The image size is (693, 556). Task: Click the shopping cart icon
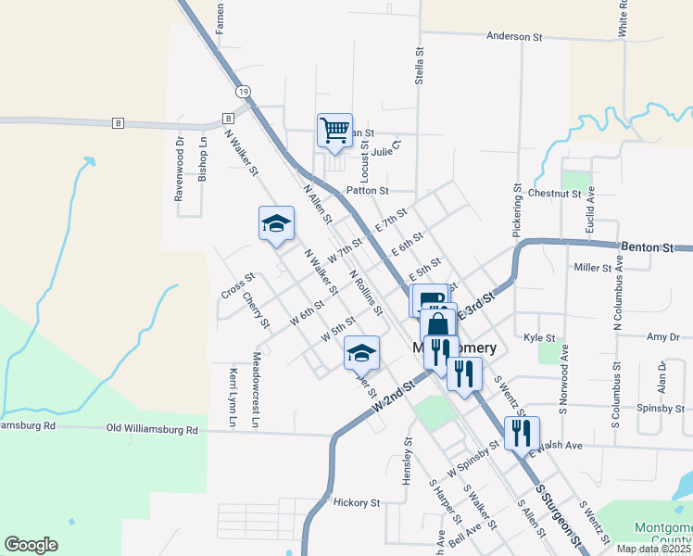[x=334, y=130]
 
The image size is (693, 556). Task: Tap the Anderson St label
[x=514, y=37]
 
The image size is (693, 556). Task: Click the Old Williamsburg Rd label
[x=153, y=429]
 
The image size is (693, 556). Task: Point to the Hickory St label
[x=357, y=503]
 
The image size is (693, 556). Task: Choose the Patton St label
[x=367, y=190]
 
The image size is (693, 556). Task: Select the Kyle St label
[x=539, y=338]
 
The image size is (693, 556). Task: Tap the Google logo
[x=31, y=545]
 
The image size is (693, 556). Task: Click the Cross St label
[x=238, y=286]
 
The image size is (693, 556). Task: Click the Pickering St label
[x=517, y=209]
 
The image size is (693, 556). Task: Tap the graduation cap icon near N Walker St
[x=275, y=224]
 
